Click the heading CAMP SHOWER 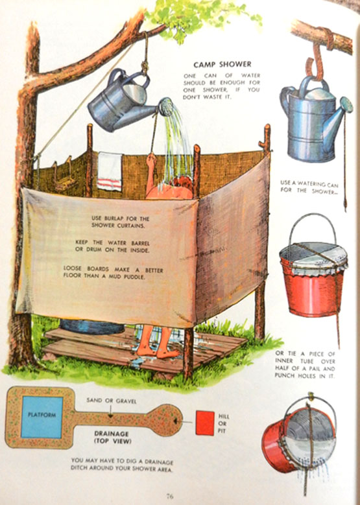tap(222, 64)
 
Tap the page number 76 tap(170, 496)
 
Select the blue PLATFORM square tap(42, 417)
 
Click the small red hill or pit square tap(205, 423)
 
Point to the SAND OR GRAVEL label tap(112, 401)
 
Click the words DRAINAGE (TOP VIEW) tap(112, 438)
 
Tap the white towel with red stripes tap(110, 171)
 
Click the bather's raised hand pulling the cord tap(151, 160)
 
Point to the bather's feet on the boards tap(157, 352)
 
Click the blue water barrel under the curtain tap(92, 326)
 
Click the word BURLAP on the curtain tap(114, 218)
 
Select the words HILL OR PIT tap(222, 423)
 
